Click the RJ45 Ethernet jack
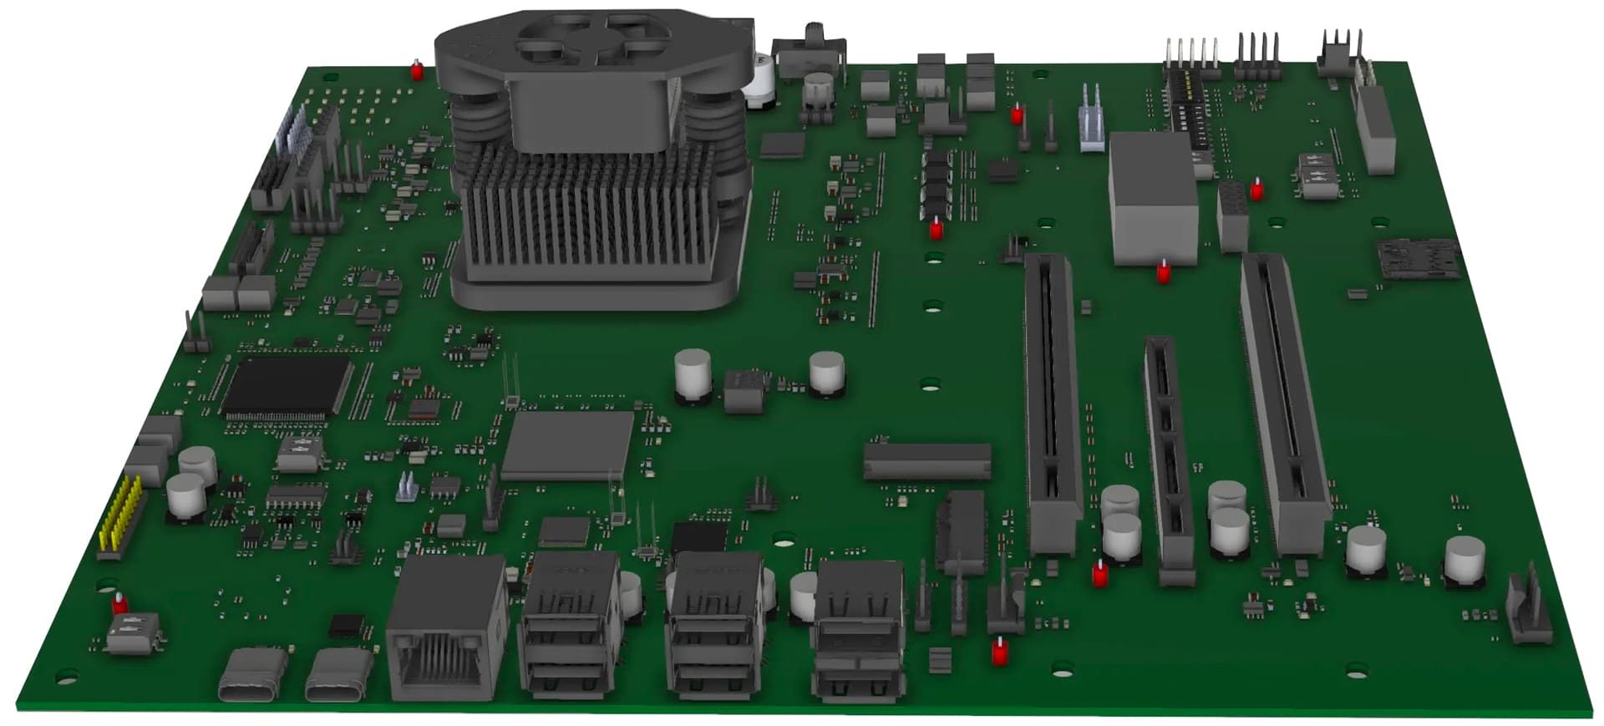[447, 627]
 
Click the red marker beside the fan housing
[417, 70]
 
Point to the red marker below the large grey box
[1162, 271]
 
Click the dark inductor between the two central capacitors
[745, 390]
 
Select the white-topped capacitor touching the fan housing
[763, 79]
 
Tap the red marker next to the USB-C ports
[119, 602]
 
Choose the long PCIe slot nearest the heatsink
[1053, 401]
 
